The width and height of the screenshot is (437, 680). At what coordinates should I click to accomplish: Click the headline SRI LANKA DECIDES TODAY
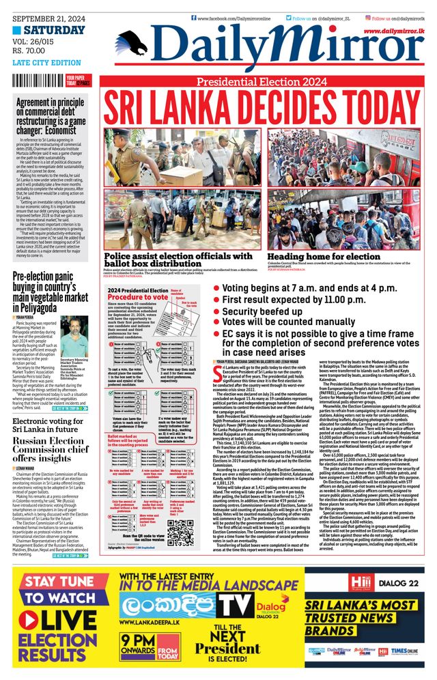(262, 107)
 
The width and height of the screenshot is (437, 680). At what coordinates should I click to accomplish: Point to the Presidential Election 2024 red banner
(262, 82)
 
